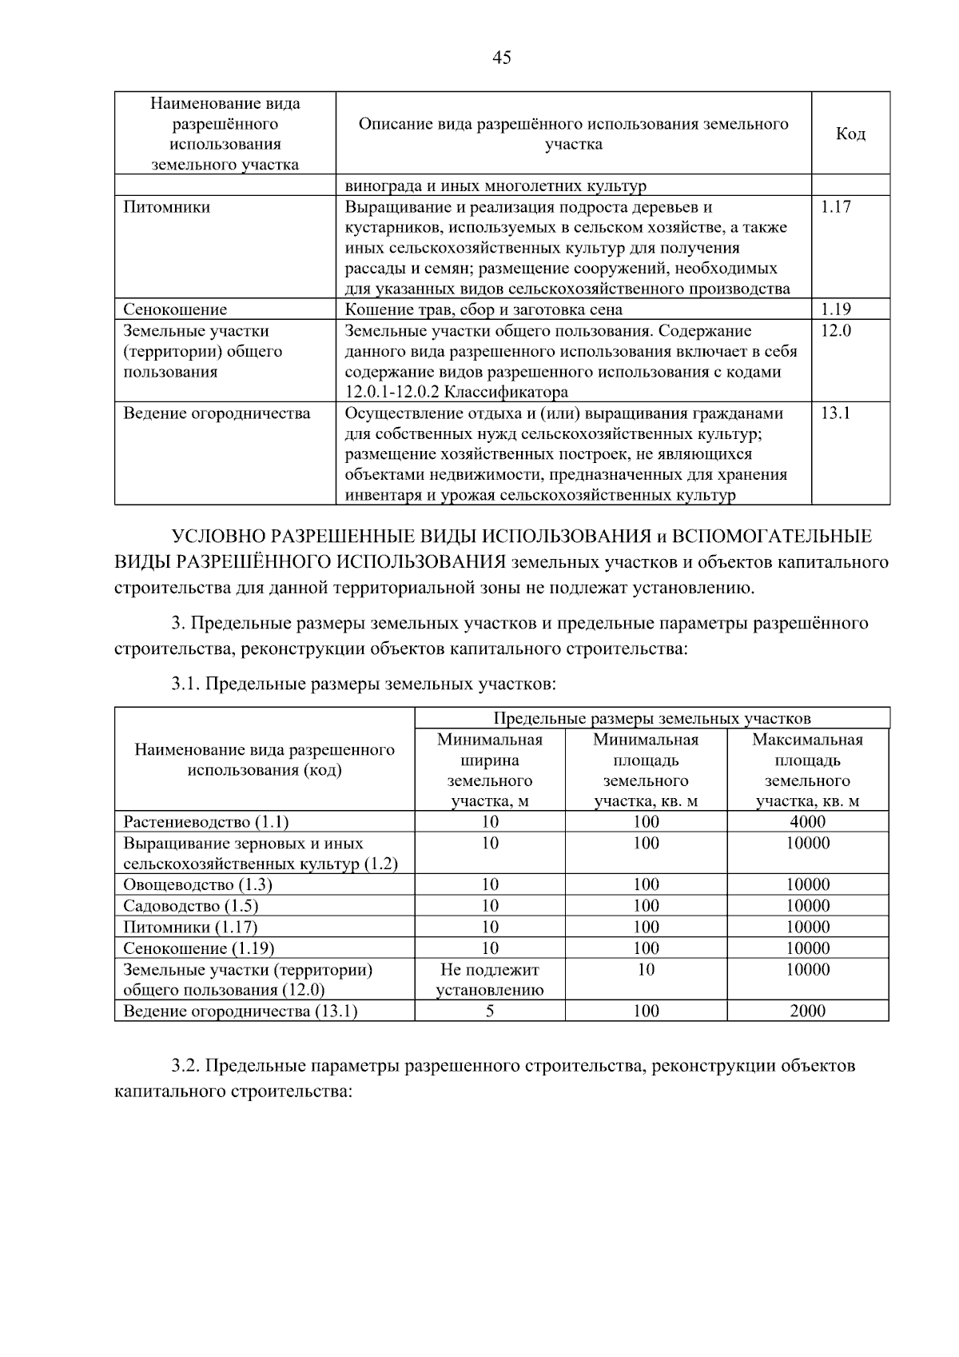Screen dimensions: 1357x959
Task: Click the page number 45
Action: [502, 58]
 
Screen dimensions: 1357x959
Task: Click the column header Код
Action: [850, 134]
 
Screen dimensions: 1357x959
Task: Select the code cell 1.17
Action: [836, 207]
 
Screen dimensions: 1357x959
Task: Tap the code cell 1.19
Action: [836, 309]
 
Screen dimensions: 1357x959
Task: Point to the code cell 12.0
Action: [836, 331]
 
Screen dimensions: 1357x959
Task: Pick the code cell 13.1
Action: [836, 413]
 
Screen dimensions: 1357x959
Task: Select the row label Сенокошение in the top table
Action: [174, 309]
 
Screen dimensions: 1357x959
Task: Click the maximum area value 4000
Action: [807, 822]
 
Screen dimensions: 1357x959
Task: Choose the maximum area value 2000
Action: [807, 1012]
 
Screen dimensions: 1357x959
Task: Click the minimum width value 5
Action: [490, 1012]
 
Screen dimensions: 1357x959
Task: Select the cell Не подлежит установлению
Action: [490, 980]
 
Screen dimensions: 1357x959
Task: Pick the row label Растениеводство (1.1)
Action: [205, 822]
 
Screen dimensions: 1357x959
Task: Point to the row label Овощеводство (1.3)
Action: [197, 885]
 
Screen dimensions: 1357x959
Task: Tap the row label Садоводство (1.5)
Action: [190, 906]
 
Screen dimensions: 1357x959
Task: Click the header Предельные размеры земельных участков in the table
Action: [651, 718]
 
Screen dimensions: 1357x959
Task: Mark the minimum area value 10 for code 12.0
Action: [646, 970]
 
